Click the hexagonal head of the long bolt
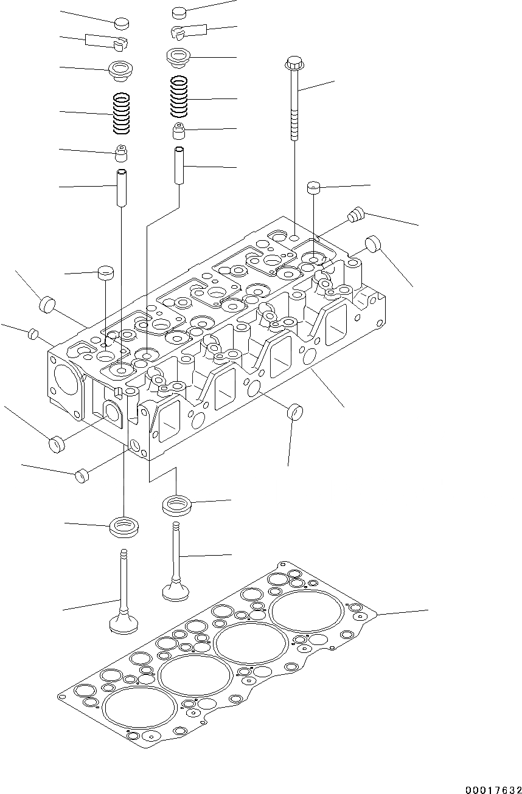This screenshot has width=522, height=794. [294, 63]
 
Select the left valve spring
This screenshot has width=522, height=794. [122, 114]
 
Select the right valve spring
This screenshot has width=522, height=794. [179, 96]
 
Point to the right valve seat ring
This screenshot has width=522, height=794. [176, 505]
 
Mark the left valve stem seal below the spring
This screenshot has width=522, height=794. [122, 155]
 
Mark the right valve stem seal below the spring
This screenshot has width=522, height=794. [179, 131]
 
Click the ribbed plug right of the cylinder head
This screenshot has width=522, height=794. [354, 215]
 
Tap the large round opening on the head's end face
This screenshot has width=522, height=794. [64, 385]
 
